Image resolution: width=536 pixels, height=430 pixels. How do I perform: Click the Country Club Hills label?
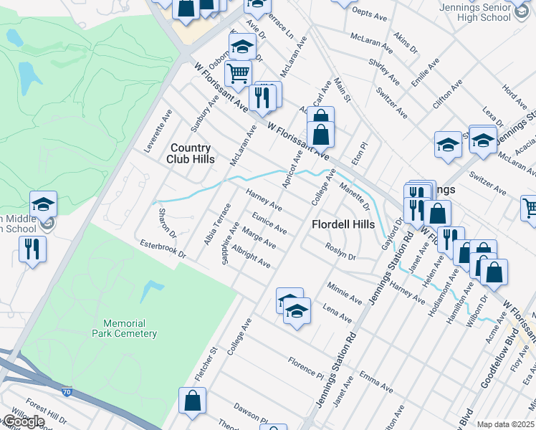coord(191,153)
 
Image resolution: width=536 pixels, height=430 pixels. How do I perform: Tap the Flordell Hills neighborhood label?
coord(343,224)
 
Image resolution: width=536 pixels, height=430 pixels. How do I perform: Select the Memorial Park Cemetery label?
coord(124,328)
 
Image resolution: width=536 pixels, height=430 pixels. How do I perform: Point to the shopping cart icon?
coord(238,72)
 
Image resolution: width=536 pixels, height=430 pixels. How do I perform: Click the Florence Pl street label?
coord(306,366)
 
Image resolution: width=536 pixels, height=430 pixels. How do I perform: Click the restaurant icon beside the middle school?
coord(32,249)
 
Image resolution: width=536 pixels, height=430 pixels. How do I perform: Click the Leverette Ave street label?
coord(158,131)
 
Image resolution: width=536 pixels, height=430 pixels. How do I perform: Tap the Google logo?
coord(22,422)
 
